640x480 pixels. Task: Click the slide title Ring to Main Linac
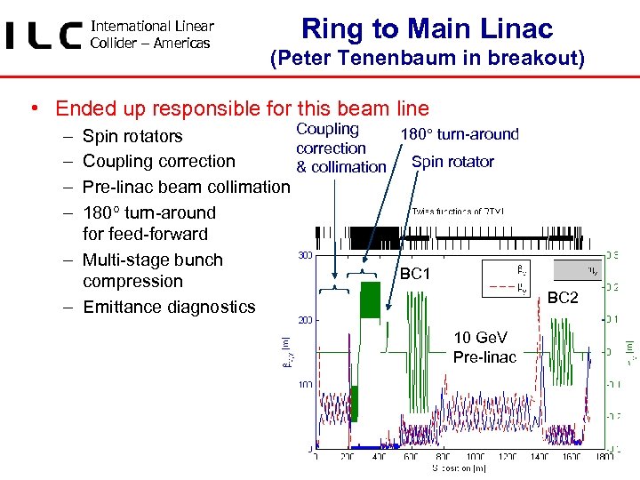click(427, 28)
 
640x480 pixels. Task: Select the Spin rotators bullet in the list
click(132, 136)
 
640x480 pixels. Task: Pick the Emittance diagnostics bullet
click(169, 307)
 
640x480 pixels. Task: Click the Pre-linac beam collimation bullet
click(186, 187)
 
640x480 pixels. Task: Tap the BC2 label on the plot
click(562, 298)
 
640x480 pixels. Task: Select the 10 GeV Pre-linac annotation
click(484, 347)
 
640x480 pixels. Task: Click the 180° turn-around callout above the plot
click(460, 134)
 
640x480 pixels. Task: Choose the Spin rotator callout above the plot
click(452, 161)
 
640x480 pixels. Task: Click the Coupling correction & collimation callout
click(340, 148)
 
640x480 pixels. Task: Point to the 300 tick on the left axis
click(304, 256)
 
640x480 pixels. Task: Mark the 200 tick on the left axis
click(304, 319)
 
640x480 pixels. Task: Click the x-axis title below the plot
click(459, 468)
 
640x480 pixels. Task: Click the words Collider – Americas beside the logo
click(150, 43)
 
